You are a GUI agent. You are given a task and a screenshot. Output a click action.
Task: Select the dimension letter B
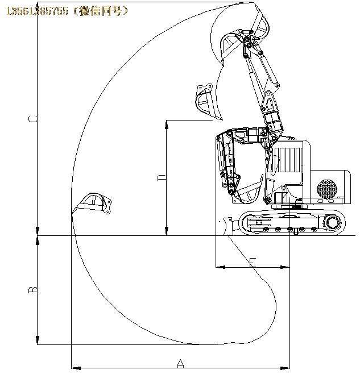[33, 289]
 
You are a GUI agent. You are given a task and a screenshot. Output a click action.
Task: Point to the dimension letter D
[162, 178]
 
